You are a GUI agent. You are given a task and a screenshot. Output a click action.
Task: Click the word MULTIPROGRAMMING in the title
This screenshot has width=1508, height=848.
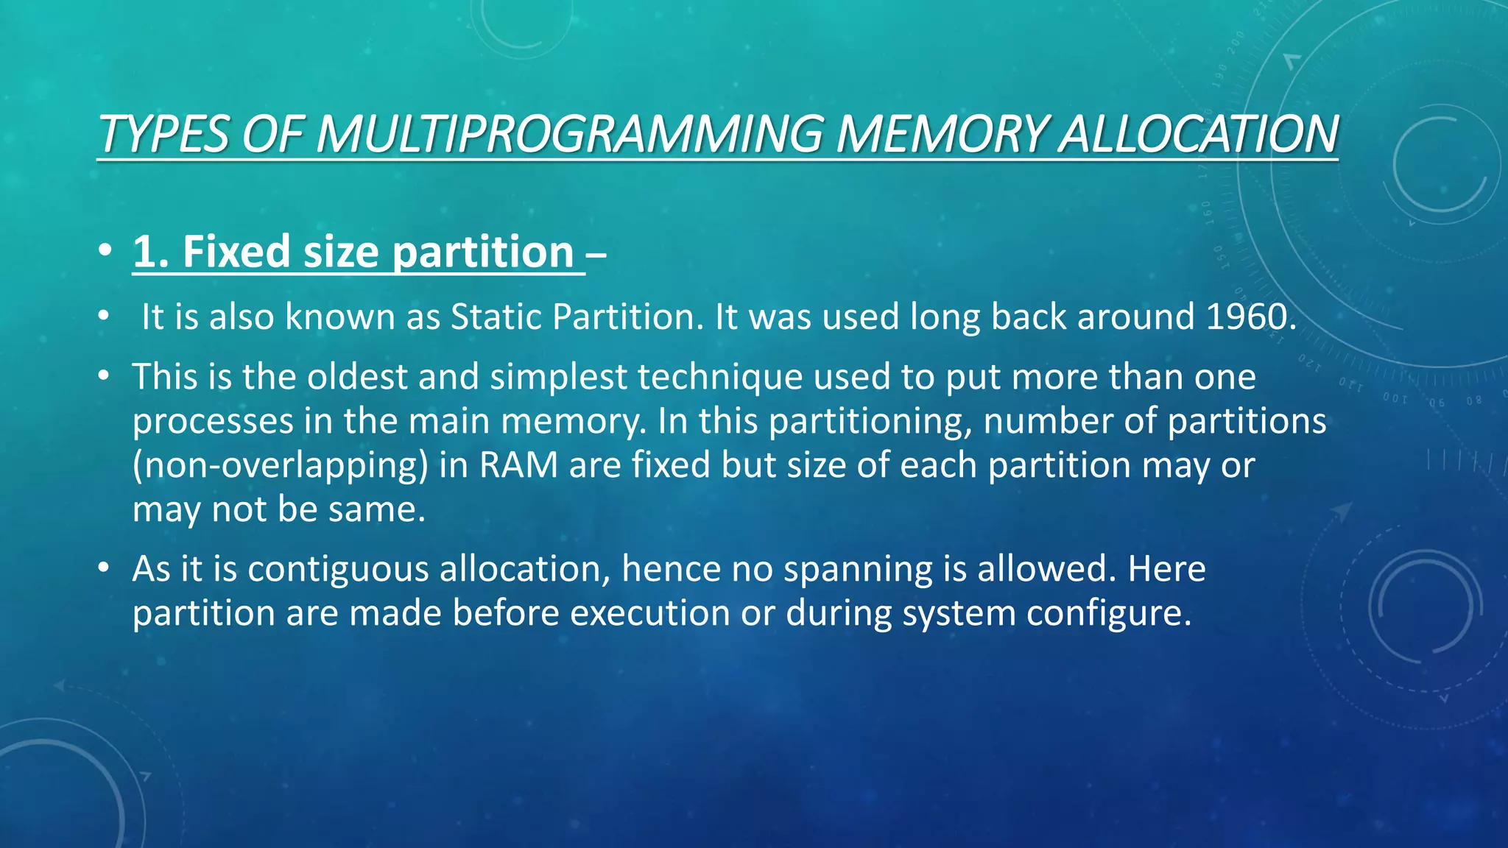click(x=568, y=134)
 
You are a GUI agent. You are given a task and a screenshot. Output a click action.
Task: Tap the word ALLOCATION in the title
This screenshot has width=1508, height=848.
click(x=1197, y=134)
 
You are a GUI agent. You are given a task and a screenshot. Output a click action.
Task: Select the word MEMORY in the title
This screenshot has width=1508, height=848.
click(x=940, y=134)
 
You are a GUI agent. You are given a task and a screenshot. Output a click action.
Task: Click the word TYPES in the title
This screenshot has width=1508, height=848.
click(x=163, y=134)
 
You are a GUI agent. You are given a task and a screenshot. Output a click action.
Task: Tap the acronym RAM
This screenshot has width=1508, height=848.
click(x=518, y=465)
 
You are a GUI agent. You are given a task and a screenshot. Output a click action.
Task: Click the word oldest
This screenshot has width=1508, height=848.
click(x=357, y=377)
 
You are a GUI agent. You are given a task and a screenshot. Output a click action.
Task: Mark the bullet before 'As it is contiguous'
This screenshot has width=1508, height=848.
click(x=104, y=568)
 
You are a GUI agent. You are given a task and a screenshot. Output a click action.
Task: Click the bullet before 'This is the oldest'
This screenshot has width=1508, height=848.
click(x=104, y=376)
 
